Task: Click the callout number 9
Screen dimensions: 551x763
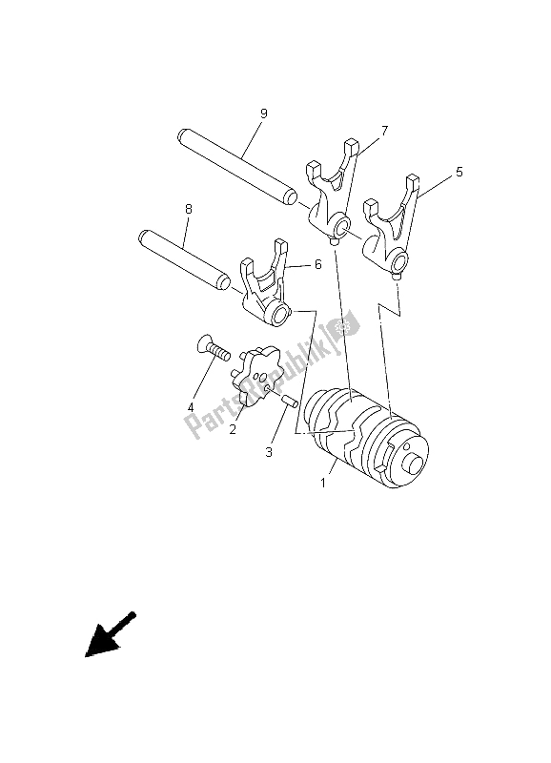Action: click(264, 113)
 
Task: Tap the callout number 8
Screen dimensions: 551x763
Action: click(189, 209)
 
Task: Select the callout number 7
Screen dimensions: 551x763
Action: click(384, 131)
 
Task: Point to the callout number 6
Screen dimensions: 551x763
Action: click(317, 264)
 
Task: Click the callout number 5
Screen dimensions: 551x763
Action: click(459, 172)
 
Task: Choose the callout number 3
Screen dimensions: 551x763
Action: click(269, 452)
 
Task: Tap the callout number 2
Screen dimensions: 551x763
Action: click(233, 430)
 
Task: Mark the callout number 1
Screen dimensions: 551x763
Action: click(322, 484)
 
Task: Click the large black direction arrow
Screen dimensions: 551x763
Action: click(111, 635)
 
